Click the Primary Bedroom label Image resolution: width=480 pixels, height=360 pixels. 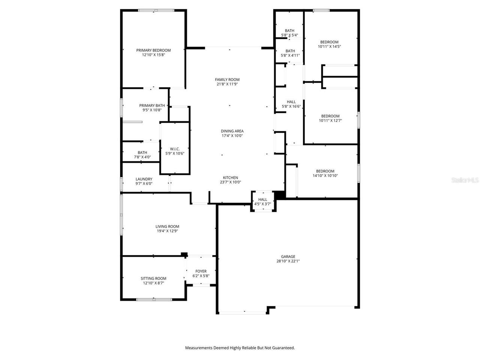pyautogui.click(x=153, y=50)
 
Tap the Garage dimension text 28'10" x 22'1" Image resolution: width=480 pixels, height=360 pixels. pyautogui.click(x=288, y=261)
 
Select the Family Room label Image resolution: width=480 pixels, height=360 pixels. pyautogui.click(x=227, y=79)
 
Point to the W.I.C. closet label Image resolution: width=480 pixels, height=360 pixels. pyautogui.click(x=175, y=149)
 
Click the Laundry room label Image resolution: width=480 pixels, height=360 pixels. pyautogui.click(x=144, y=179)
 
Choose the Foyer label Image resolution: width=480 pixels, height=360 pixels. pyautogui.click(x=201, y=271)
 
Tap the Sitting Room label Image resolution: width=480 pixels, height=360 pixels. pyautogui.click(x=153, y=278)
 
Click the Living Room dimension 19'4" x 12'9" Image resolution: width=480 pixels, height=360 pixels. pyautogui.click(x=167, y=231)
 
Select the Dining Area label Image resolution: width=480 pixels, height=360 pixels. pyautogui.click(x=232, y=131)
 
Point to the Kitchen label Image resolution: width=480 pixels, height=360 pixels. pyautogui.click(x=231, y=178)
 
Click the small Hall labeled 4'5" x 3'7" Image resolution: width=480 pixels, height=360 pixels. pyautogui.click(x=263, y=202)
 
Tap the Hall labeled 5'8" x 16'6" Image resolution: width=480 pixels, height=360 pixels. pyautogui.click(x=291, y=104)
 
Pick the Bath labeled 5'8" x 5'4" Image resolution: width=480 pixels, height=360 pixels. pyautogui.click(x=289, y=33)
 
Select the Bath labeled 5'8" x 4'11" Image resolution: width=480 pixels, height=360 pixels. pyautogui.click(x=290, y=53)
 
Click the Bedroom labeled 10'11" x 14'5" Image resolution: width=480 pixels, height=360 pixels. pyautogui.click(x=329, y=44)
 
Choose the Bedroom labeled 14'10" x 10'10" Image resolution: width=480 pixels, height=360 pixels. pyautogui.click(x=325, y=173)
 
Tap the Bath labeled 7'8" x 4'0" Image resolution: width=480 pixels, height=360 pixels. pyautogui.click(x=142, y=155)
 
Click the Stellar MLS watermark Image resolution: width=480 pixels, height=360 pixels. pyautogui.click(x=465, y=180)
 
